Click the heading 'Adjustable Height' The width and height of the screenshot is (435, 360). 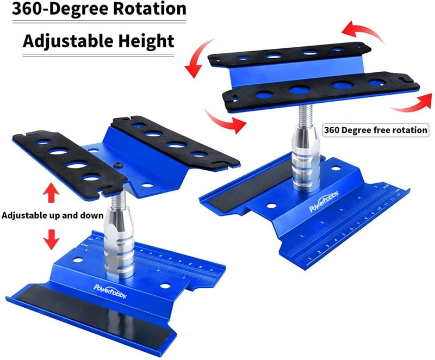[98, 41]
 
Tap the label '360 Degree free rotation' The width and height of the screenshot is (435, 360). [376, 131]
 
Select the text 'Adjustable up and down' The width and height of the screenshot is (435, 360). [53, 215]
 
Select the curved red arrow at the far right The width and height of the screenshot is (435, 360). [411, 100]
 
